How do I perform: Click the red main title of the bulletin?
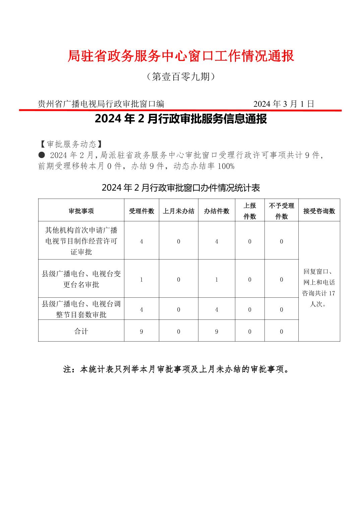click(x=181, y=56)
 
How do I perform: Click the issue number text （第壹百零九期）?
click(x=181, y=77)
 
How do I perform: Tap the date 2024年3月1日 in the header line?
click(x=284, y=104)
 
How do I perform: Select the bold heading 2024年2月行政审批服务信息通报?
click(x=181, y=119)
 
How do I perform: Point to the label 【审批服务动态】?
click(x=71, y=144)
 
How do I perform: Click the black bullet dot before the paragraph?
click(x=42, y=155)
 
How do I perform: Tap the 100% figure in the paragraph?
click(x=226, y=166)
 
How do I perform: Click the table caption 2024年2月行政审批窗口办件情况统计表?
click(x=181, y=188)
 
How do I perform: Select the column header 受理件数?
click(x=141, y=211)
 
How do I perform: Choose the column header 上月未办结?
click(x=179, y=211)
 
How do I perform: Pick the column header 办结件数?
click(x=217, y=211)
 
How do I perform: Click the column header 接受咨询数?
click(x=319, y=211)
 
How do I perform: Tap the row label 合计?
click(x=81, y=331)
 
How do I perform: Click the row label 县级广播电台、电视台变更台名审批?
click(x=81, y=279)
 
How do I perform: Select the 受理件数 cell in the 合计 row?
click(x=141, y=332)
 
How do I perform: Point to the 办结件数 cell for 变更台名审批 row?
click(x=217, y=279)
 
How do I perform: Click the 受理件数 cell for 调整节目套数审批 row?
click(x=141, y=309)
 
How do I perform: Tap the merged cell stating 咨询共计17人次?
click(x=319, y=288)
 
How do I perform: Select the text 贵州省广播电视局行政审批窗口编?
click(x=101, y=104)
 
